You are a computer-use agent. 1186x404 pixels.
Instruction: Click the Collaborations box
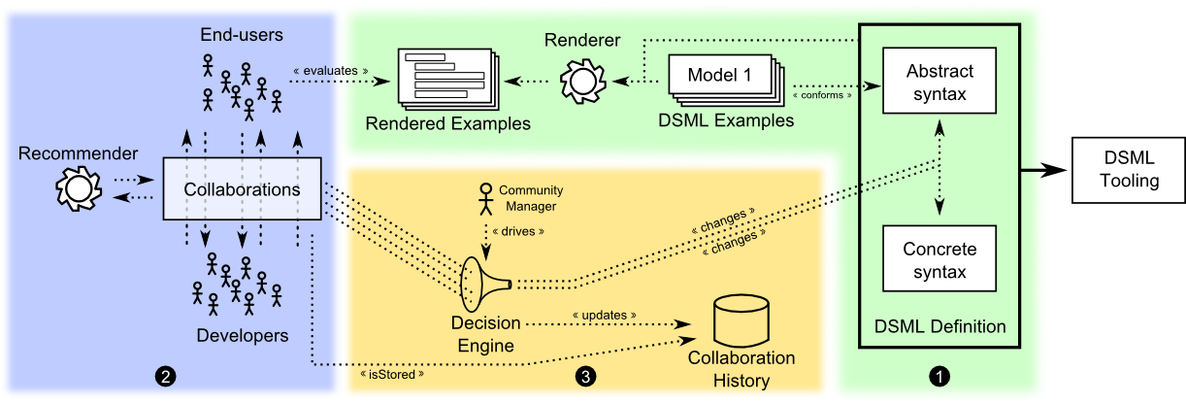click(241, 189)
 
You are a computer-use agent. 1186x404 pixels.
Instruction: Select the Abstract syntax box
click(939, 84)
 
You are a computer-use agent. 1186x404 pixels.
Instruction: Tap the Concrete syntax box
click(939, 259)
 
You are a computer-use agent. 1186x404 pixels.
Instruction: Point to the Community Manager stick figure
click(485, 198)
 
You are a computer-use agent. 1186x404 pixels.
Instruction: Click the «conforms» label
click(823, 97)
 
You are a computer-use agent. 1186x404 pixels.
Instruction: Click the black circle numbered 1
click(938, 373)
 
